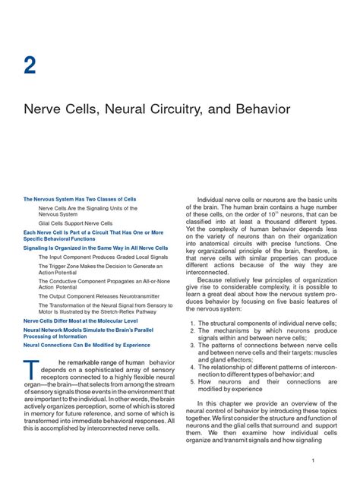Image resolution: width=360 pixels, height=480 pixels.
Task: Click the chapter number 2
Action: (30, 65)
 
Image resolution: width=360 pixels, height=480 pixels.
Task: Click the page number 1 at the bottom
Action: (334, 461)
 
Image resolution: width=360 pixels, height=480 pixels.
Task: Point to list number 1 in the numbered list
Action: (192, 324)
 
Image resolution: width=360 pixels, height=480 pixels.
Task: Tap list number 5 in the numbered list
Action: (192, 382)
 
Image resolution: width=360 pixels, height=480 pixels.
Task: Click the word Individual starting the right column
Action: (214, 200)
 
